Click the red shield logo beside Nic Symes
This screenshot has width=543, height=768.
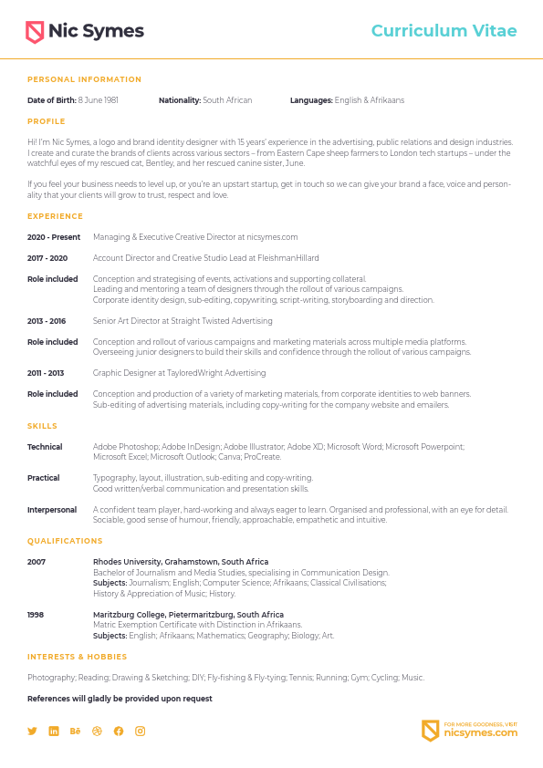(35, 32)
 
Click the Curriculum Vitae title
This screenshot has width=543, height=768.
(444, 31)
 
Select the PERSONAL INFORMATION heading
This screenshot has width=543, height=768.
(84, 79)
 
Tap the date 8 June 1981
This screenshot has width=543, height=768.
(98, 100)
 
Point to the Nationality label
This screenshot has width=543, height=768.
(179, 100)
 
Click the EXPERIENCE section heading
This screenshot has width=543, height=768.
(55, 216)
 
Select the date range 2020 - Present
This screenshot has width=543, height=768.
(54, 237)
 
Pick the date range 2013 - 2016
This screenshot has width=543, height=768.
(47, 321)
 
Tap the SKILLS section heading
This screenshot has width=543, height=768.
(42, 426)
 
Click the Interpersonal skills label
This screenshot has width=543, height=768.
(52, 510)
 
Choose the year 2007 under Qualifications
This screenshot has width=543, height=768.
(36, 562)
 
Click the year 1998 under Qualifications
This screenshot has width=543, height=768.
(36, 615)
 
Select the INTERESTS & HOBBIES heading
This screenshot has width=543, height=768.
(77, 657)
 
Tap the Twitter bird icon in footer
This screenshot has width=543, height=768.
(32, 731)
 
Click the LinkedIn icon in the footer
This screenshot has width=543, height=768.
(54, 731)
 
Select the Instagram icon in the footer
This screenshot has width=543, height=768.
(141, 731)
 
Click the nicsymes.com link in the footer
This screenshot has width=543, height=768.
(480, 732)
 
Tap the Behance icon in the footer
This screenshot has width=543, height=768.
(75, 731)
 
